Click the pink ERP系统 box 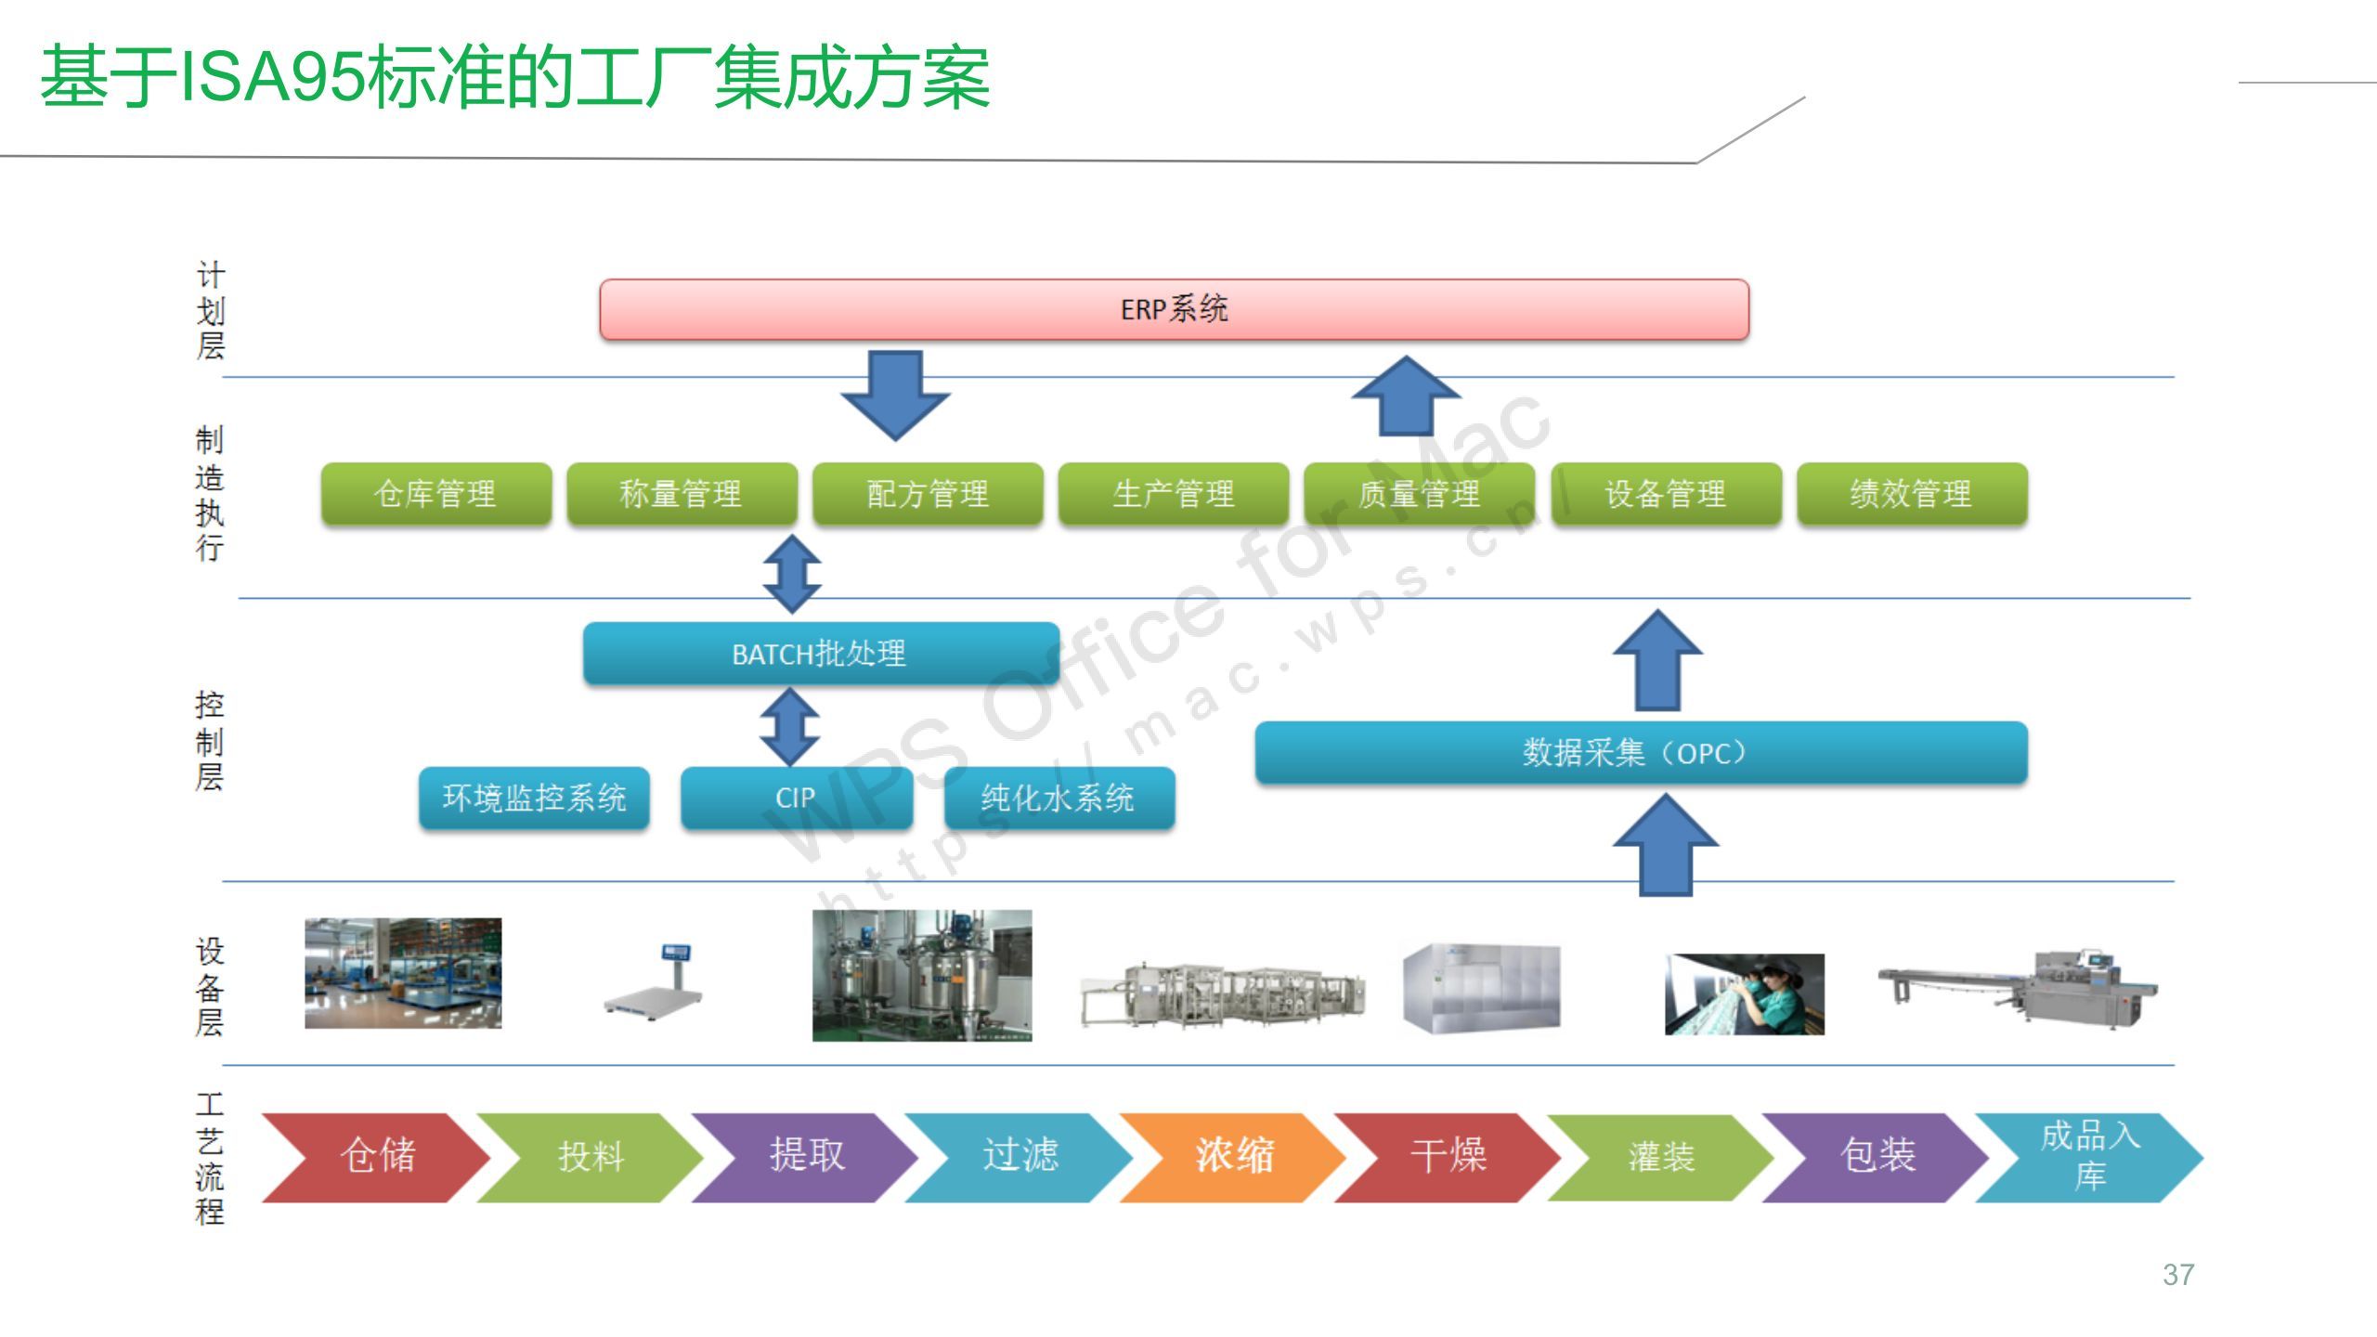coord(1174,309)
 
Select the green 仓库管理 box coord(436,494)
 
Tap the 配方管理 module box coord(928,494)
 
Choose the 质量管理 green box coord(1420,494)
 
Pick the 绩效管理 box coord(1912,494)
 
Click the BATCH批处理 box coord(821,654)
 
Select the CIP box coord(796,798)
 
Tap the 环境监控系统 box coord(534,798)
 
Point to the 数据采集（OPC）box coord(1641,752)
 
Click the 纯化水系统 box coord(1059,798)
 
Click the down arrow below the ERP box coord(895,396)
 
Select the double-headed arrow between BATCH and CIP coord(789,726)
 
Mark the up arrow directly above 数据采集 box coord(1657,660)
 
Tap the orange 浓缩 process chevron coord(1232,1157)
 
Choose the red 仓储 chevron coord(375,1157)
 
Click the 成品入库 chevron coord(2089,1157)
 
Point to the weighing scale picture coord(654,981)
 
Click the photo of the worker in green coord(1745,994)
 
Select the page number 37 coord(2178,1275)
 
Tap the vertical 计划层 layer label coord(211,310)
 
